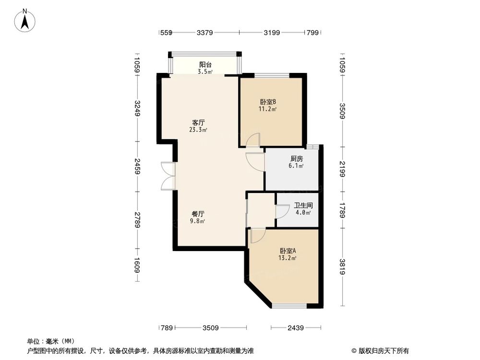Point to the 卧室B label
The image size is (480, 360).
click(x=268, y=102)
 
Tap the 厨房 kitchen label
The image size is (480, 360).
click(x=296, y=158)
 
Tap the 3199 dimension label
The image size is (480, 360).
click(x=271, y=33)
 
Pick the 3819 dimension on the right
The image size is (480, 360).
click(x=342, y=266)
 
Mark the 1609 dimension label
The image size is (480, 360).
click(x=137, y=265)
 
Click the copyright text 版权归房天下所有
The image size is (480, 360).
click(x=383, y=350)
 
